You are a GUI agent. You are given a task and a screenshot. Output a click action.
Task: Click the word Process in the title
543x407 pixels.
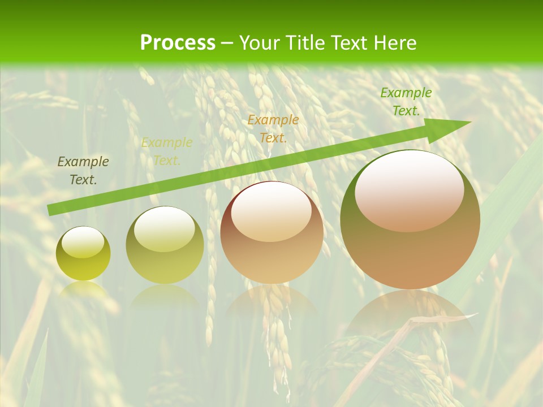pyautogui.click(x=178, y=43)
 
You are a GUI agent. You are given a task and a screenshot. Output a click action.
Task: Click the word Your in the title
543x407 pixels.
pyautogui.click(x=260, y=43)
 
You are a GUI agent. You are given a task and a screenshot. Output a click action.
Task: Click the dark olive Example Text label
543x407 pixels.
pyautogui.click(x=83, y=171)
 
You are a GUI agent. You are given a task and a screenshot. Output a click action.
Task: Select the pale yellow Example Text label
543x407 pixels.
pyautogui.click(x=167, y=151)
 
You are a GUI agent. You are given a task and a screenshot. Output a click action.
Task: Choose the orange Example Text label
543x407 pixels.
pyautogui.click(x=273, y=128)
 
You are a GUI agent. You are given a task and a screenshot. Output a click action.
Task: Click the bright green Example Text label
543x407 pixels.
pyautogui.click(x=406, y=102)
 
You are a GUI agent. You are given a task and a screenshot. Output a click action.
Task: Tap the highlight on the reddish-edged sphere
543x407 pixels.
pyautogui.click(x=271, y=212)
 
